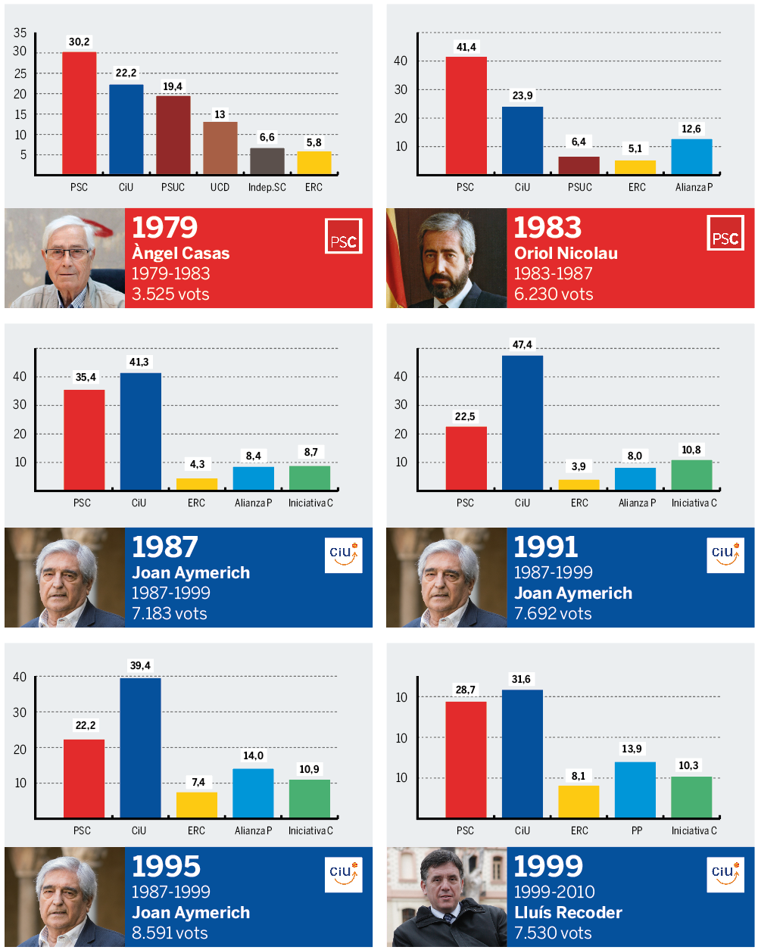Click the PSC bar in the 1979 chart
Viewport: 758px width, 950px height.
tap(79, 114)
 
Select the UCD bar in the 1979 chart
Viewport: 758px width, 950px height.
tap(220, 148)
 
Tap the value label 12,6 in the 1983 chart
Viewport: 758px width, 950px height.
tap(691, 129)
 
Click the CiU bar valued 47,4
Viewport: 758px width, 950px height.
tap(522, 422)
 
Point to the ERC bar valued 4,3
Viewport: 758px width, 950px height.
tap(196, 484)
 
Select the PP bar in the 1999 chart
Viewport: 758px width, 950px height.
tap(635, 790)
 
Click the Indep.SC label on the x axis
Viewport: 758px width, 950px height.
tap(267, 187)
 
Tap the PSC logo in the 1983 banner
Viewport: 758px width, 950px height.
tap(725, 235)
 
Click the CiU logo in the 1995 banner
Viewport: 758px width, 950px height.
tap(343, 874)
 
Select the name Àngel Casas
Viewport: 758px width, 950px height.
tap(180, 253)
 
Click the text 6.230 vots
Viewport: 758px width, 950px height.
tap(554, 294)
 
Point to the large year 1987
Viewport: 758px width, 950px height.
tap(164, 547)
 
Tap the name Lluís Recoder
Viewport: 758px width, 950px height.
tap(568, 912)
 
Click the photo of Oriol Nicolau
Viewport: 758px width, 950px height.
tap(446, 258)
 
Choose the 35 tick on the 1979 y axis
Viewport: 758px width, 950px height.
tap(20, 33)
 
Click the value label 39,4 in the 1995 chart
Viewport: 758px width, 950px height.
tap(140, 665)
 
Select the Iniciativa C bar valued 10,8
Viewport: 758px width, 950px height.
tap(691, 475)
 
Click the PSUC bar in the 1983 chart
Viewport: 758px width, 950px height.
tap(579, 166)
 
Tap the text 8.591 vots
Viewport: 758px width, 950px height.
tap(171, 933)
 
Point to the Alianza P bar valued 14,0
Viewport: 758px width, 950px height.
tap(253, 793)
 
